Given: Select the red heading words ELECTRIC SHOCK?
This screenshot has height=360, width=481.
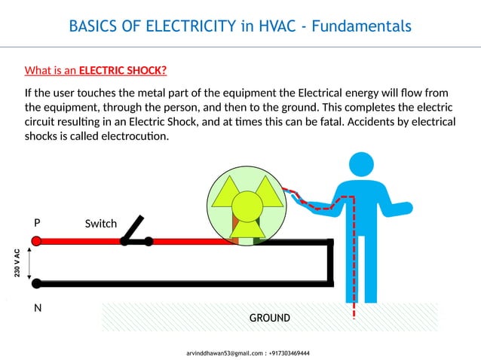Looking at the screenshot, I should coord(123,72).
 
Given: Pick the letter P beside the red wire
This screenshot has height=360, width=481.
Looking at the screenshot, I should coord(37,224).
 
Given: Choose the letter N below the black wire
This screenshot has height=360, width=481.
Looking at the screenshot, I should coord(37,309).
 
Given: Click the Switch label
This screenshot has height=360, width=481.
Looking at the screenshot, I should coord(100,224).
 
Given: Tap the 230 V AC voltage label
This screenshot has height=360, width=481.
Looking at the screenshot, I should coord(17,262).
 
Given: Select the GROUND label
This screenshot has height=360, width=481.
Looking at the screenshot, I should coord(269,318).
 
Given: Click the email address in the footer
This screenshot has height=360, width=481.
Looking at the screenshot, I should coord(225,352).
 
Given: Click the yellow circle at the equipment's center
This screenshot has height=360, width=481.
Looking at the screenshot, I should coord(245,205).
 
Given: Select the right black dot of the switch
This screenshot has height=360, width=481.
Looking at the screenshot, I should coord(149,241).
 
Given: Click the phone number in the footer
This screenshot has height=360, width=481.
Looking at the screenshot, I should coord(289,352).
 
